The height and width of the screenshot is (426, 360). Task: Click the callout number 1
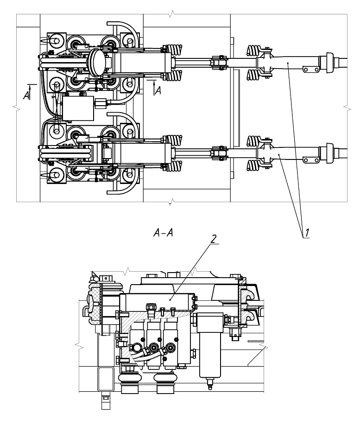click(x=307, y=233)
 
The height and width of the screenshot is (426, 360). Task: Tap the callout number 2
click(x=214, y=239)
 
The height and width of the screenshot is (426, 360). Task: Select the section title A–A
click(x=163, y=233)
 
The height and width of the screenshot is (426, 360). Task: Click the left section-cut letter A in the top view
click(x=26, y=95)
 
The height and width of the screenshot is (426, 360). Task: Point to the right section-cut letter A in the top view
click(x=158, y=90)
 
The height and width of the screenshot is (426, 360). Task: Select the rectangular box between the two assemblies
click(x=78, y=108)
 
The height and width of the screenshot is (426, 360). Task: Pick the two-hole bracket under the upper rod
click(x=311, y=70)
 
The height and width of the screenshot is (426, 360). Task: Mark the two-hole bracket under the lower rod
click(x=311, y=160)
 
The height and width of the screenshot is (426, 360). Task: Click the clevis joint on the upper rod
click(x=219, y=63)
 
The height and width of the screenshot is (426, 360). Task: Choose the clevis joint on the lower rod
click(x=219, y=153)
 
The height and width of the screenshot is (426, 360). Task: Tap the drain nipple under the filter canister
click(x=209, y=384)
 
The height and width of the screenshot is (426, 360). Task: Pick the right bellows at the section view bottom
click(x=165, y=383)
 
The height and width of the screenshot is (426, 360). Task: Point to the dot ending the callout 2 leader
click(x=170, y=299)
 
